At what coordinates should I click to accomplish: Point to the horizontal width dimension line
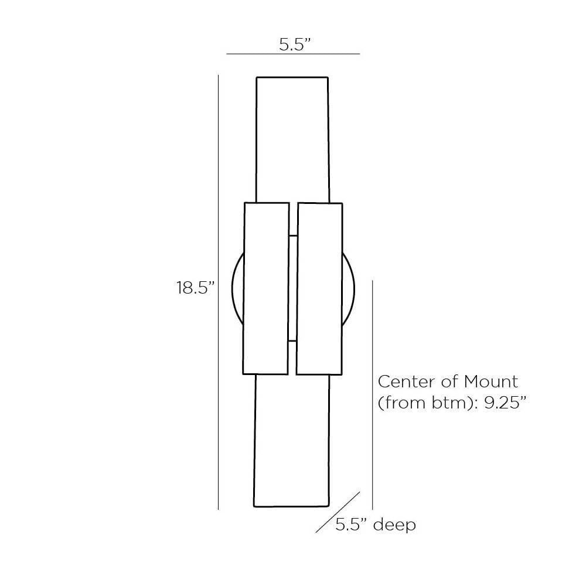pos(293,54)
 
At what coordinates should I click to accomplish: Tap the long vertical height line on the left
pos(218,293)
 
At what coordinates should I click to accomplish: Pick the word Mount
pos(491,381)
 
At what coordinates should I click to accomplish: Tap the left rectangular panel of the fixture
pos(266,288)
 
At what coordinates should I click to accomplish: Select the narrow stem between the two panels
pos(293,288)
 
